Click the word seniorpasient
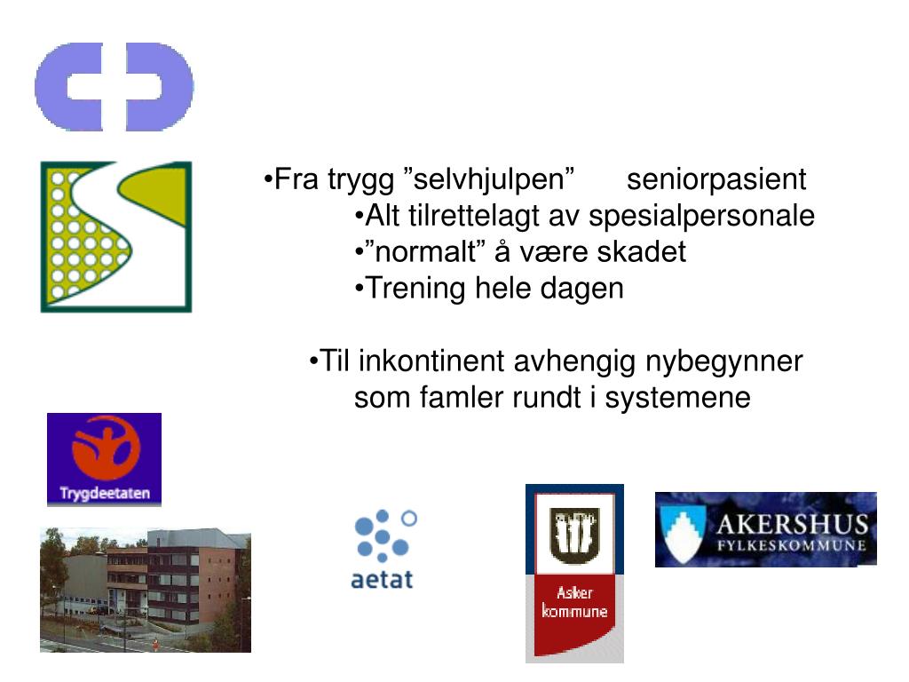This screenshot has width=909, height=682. pos(716,179)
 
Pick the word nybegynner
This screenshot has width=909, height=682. pos(723,361)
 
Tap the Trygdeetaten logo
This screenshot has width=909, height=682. pos(104,459)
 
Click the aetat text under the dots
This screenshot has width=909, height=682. pos(382,580)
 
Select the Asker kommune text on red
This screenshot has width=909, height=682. pos(574,603)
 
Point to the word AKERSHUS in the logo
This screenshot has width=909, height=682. pos(791,522)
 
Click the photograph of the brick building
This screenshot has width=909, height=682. pos(146,590)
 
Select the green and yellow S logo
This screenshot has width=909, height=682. pos(115,236)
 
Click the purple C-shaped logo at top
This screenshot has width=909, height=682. pos(114,87)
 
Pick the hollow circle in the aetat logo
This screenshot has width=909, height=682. pos(409,518)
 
